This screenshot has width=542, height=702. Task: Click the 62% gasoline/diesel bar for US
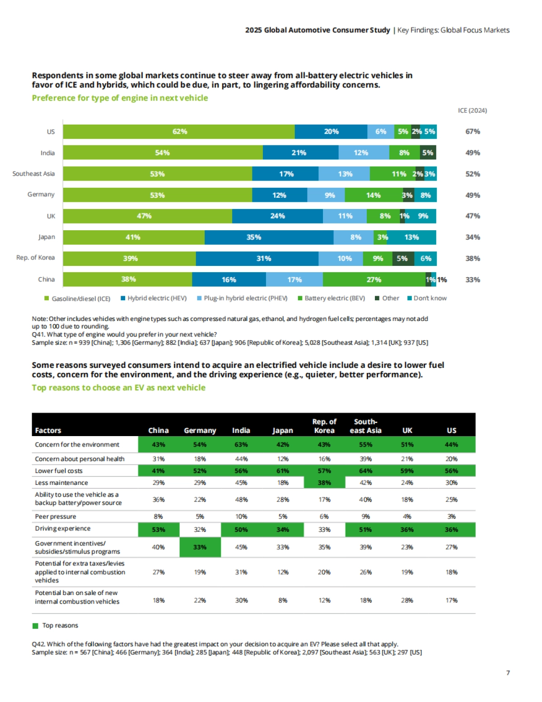click(x=179, y=131)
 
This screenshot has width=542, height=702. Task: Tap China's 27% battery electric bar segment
click(x=374, y=279)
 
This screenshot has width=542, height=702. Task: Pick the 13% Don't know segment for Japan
click(x=411, y=237)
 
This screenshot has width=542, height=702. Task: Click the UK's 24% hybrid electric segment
click(x=277, y=216)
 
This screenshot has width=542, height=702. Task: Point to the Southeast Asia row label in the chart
click(x=33, y=174)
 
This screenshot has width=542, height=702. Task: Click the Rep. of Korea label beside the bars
click(x=35, y=258)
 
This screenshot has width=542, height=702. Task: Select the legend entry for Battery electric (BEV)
click(x=332, y=298)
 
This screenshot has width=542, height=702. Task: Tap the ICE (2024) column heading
click(x=472, y=111)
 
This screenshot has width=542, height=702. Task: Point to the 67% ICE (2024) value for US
click(x=473, y=131)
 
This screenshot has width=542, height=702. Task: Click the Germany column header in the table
click(x=200, y=430)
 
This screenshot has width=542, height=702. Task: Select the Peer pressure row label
click(x=56, y=516)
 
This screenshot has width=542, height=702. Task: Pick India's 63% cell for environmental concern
click(x=241, y=445)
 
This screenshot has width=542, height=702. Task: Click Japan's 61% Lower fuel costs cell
click(x=283, y=471)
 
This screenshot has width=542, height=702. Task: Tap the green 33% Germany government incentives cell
click(x=200, y=547)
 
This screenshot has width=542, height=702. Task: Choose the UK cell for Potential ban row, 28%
click(x=407, y=600)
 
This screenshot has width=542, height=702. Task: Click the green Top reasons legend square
click(x=36, y=626)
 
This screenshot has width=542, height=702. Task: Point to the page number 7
click(x=508, y=673)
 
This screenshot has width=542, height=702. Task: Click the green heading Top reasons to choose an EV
click(x=118, y=387)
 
